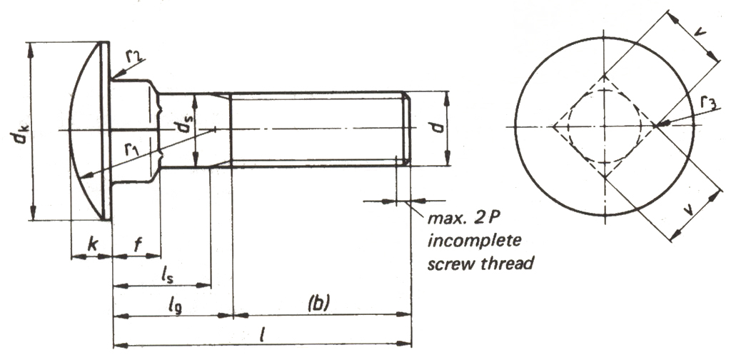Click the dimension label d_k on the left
21,131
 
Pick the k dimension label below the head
91,244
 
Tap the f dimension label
138,243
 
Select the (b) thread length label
316,303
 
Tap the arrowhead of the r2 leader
114,75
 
